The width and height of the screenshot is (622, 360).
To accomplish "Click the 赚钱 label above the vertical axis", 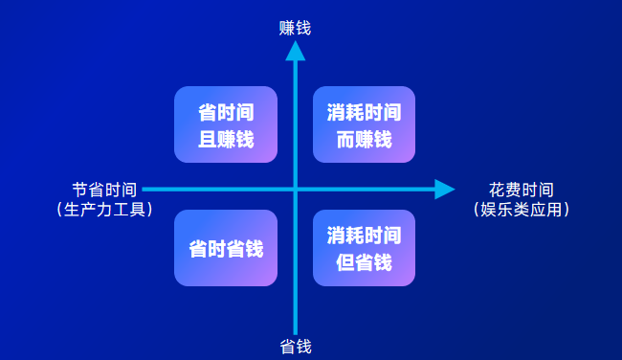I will point(295,28).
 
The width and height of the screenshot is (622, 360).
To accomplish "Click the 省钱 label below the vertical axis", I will point(295,346).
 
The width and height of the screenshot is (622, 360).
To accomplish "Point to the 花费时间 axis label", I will point(521,190).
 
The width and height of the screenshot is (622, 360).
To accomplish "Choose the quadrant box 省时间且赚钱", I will point(226,124).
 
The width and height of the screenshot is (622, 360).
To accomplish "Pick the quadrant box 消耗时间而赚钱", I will point(364,124).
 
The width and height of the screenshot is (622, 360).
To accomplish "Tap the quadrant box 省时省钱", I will point(226,248).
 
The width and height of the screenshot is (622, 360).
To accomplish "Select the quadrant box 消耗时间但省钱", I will point(364,248).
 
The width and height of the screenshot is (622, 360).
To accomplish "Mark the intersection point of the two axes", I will point(295,189).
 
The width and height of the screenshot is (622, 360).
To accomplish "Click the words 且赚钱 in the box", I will point(226,139).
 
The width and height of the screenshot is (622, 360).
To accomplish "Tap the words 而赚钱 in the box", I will point(364,139).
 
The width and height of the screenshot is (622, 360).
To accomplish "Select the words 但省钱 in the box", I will point(364,262).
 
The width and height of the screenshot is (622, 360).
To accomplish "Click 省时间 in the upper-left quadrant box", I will point(226,111).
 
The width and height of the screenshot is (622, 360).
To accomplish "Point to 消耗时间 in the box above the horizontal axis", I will point(364,111).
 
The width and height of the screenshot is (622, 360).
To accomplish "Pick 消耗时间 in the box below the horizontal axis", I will point(364,235).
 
